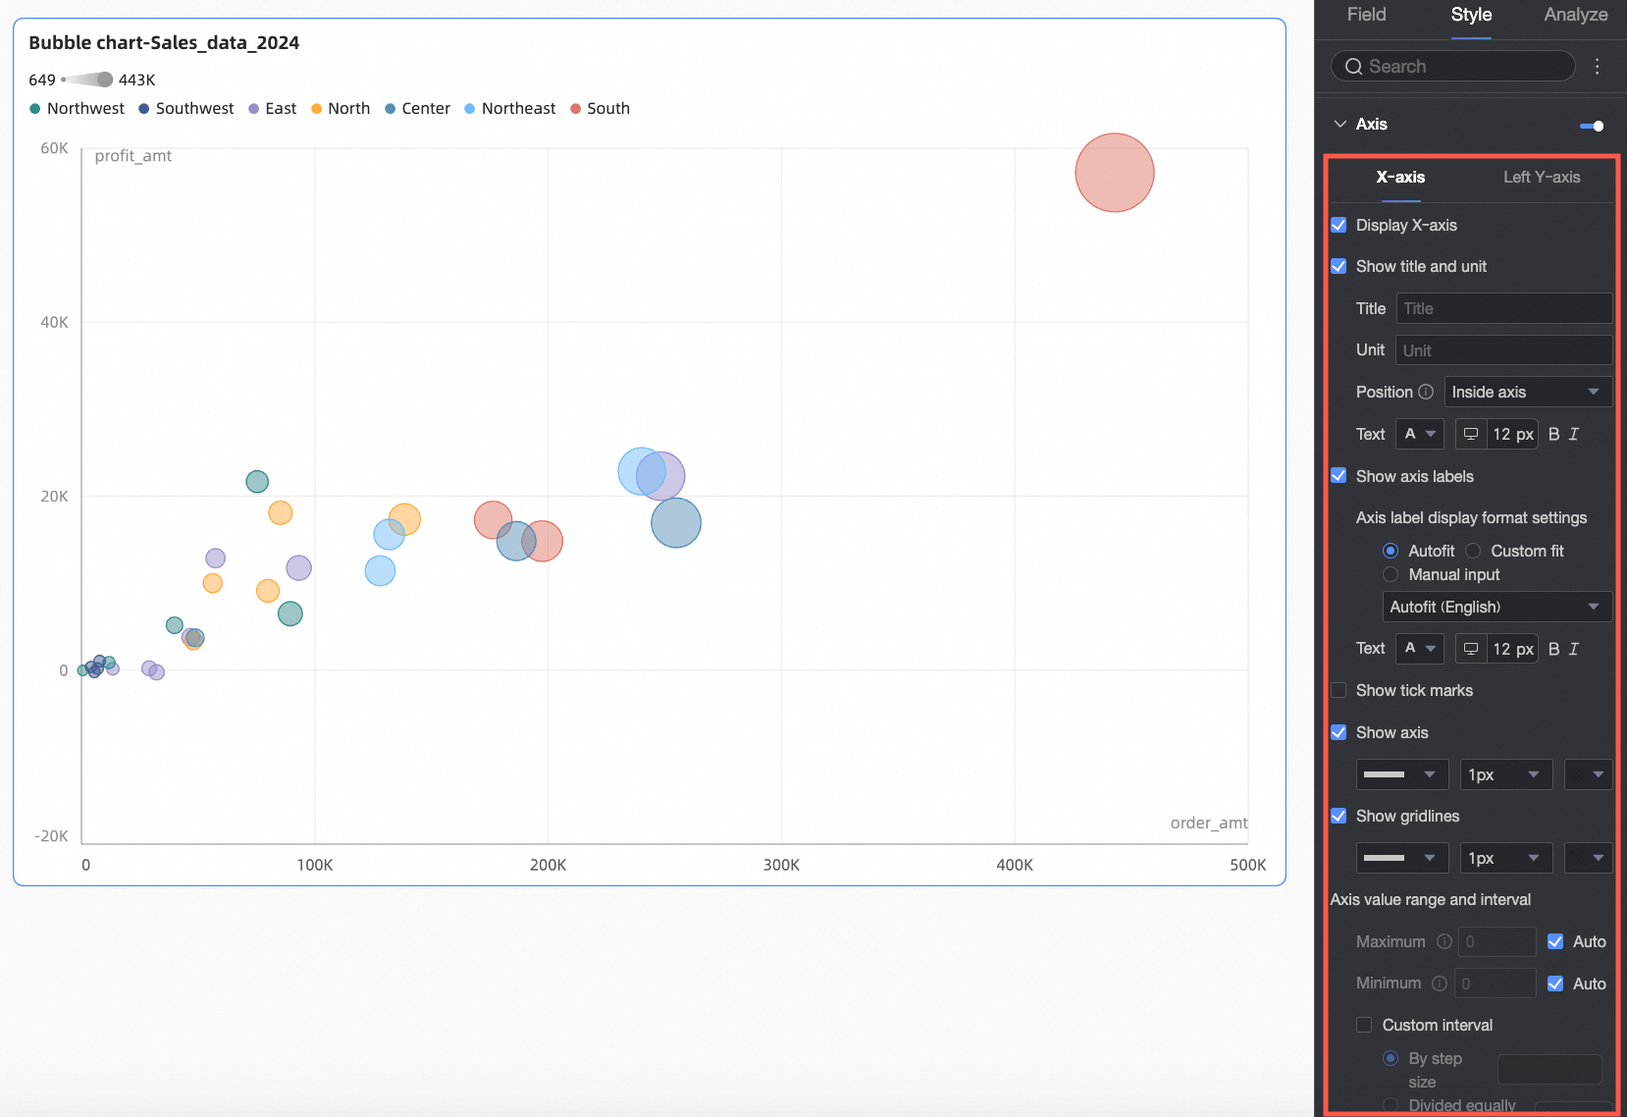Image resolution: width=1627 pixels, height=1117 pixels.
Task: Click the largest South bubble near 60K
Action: (x=1114, y=173)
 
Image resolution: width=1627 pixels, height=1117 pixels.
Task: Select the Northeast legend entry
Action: (x=510, y=109)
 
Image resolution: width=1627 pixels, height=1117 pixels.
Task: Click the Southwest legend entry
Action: (x=186, y=109)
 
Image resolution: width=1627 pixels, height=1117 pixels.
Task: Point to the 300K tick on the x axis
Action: (x=781, y=865)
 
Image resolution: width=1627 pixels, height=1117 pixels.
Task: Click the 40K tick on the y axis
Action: (x=54, y=322)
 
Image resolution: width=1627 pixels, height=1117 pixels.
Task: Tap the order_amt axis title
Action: (x=1208, y=823)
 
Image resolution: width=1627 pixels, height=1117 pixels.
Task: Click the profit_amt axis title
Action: (x=132, y=155)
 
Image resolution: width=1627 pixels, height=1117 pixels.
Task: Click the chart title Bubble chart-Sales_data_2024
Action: (x=164, y=42)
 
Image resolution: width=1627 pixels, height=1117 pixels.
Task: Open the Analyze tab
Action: (x=1575, y=15)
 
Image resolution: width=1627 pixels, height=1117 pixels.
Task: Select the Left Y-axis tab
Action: (x=1541, y=177)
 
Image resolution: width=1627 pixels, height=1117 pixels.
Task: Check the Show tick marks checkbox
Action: (x=1338, y=690)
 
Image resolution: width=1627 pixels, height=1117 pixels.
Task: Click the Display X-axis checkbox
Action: (x=1338, y=225)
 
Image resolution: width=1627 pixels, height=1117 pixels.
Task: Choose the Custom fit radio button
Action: (x=1473, y=551)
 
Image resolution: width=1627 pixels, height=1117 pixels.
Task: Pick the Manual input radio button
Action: (x=1391, y=574)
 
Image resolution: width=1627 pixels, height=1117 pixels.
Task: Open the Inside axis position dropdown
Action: (x=1527, y=392)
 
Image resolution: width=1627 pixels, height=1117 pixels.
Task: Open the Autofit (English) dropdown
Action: (x=1496, y=607)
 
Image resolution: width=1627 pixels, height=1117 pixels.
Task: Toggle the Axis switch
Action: (x=1592, y=125)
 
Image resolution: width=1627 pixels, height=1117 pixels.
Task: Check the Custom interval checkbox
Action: (x=1364, y=1025)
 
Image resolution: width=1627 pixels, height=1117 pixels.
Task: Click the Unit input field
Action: (x=1502, y=350)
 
